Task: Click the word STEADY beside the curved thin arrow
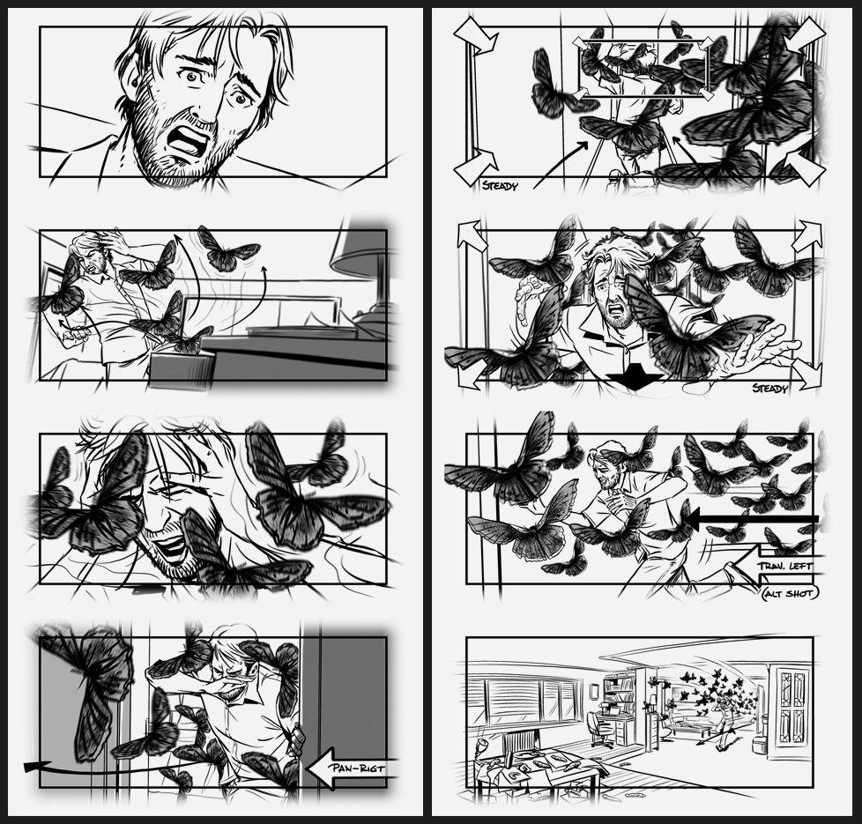(500, 185)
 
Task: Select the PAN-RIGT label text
(357, 768)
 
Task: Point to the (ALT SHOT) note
(790, 592)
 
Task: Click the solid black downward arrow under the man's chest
(635, 377)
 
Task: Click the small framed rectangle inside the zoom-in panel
(643, 68)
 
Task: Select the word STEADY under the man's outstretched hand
(769, 388)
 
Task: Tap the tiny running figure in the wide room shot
(725, 720)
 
